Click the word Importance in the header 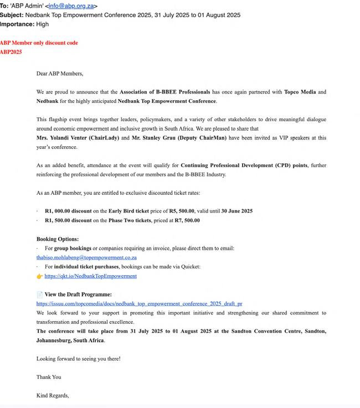pos(17,24)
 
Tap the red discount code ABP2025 pos(11,52)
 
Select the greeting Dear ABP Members pos(60,73)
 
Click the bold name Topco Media pos(301,92)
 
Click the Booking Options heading pos(58,239)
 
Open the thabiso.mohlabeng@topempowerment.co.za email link pos(86,257)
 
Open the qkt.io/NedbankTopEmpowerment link pos(90,276)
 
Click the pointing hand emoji pos(40,276)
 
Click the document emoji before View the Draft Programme pos(40,295)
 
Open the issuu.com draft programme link pos(139,303)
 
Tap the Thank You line pos(49,377)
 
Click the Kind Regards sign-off pos(53,395)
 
